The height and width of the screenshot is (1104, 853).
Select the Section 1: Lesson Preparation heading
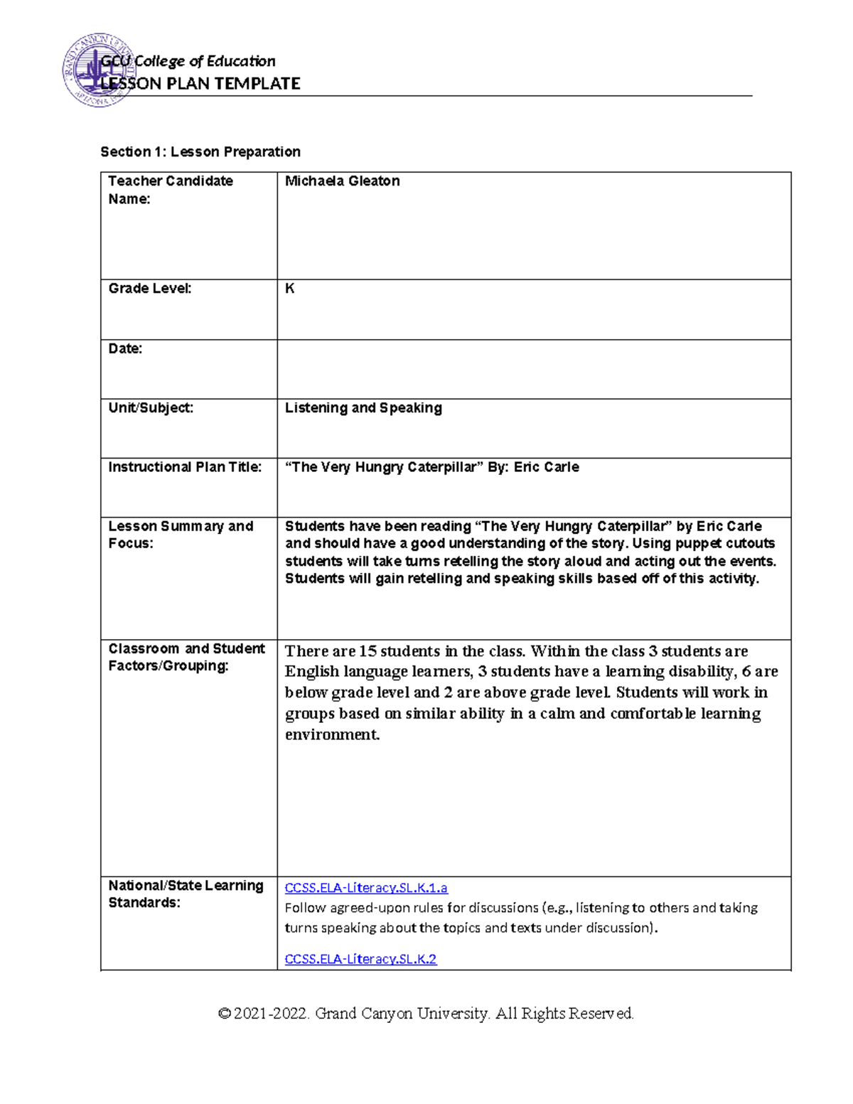click(x=200, y=151)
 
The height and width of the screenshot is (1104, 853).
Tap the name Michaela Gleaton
click(x=342, y=181)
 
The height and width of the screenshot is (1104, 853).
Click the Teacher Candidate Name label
click(x=170, y=190)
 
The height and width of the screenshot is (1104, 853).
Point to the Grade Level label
click(x=149, y=289)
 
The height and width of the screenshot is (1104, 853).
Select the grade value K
click(x=289, y=289)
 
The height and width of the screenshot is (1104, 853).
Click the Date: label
click(x=125, y=348)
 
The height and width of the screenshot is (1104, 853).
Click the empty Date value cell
click(x=533, y=369)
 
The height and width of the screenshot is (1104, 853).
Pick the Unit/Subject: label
click(x=151, y=408)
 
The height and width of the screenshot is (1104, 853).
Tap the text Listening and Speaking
click(x=363, y=408)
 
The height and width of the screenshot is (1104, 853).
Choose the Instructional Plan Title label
click(x=185, y=467)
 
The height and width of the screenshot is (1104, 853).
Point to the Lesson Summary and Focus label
click(x=181, y=535)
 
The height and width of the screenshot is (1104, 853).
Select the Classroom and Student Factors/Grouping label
click(x=186, y=657)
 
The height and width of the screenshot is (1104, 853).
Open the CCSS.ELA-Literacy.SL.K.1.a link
click(x=366, y=888)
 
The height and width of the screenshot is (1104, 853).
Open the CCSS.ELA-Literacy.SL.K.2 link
click(x=360, y=959)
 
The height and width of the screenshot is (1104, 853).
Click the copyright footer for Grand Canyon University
click(x=426, y=1013)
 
